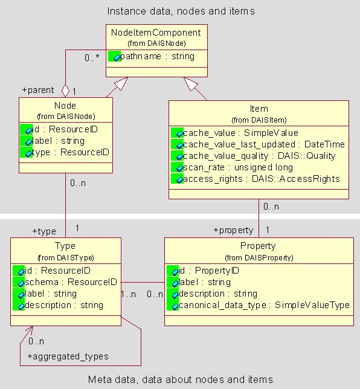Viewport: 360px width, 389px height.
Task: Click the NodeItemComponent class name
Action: tap(156, 33)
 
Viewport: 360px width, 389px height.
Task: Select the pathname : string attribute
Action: tap(157, 56)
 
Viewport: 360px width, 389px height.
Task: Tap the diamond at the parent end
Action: tap(65, 91)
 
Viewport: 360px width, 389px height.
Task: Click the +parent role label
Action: tap(38, 90)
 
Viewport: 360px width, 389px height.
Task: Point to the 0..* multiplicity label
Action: tap(92, 57)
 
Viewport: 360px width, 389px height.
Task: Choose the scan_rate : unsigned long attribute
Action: tap(238, 167)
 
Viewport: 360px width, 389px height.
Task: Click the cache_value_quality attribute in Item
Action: tap(259, 156)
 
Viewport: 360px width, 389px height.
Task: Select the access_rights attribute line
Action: tap(262, 179)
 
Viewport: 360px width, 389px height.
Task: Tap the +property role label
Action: tap(233, 230)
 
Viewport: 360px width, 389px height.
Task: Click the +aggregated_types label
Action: tap(68, 356)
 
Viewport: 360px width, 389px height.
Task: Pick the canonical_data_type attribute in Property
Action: tap(264, 305)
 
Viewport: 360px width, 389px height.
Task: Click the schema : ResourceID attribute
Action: tap(71, 282)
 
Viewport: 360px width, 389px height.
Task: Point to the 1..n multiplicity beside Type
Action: tap(129, 294)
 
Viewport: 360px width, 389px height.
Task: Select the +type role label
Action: tap(44, 231)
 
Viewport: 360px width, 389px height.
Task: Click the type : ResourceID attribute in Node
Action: tap(71, 152)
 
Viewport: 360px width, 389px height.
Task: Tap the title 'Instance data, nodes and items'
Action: tap(181, 11)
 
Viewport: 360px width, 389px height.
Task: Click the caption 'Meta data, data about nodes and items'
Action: tap(181, 379)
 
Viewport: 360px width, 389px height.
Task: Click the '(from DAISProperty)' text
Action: tap(259, 258)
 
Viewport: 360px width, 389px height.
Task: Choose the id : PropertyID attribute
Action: tap(209, 271)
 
